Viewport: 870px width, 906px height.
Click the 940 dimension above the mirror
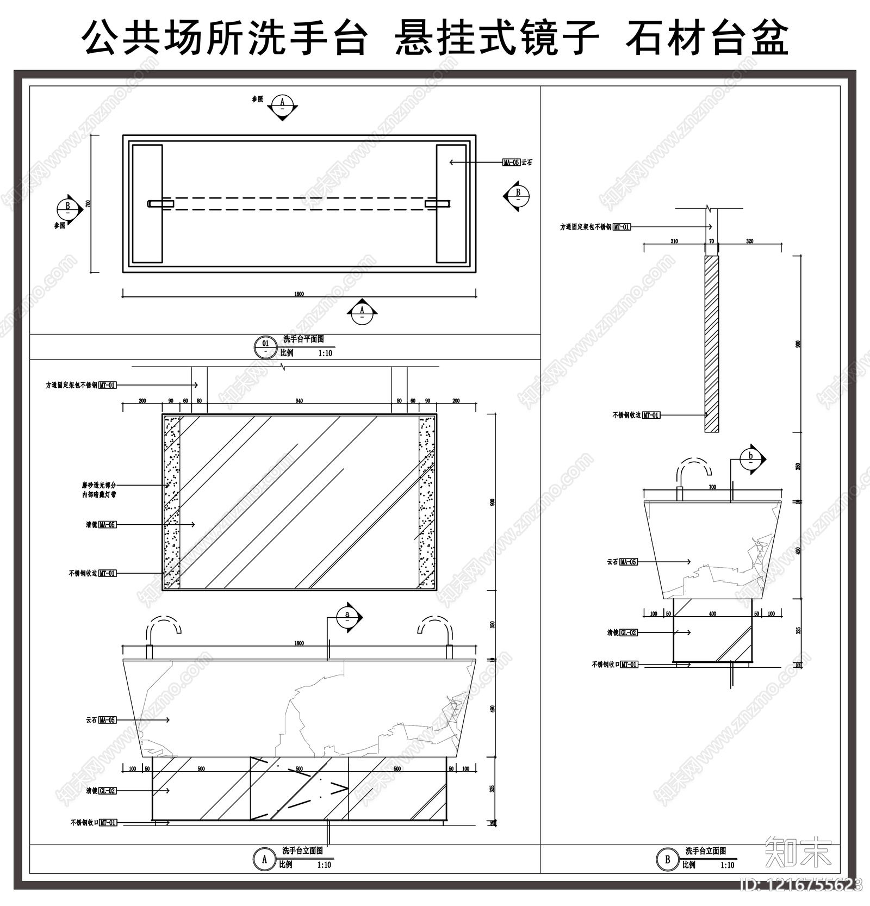[299, 401]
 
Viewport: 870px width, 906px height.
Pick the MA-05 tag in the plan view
[511, 163]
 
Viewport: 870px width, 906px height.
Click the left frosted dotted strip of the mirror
[172, 501]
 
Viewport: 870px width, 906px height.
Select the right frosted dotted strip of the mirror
[427, 501]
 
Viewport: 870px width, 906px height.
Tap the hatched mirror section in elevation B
[711, 344]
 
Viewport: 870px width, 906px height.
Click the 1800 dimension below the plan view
[299, 294]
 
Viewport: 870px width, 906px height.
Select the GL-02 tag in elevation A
[107, 791]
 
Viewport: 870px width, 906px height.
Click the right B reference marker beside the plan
[517, 195]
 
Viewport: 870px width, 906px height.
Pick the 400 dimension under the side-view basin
[712, 614]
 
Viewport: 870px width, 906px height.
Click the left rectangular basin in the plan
[147, 204]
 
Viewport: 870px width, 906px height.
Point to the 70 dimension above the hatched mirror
[711, 241]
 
